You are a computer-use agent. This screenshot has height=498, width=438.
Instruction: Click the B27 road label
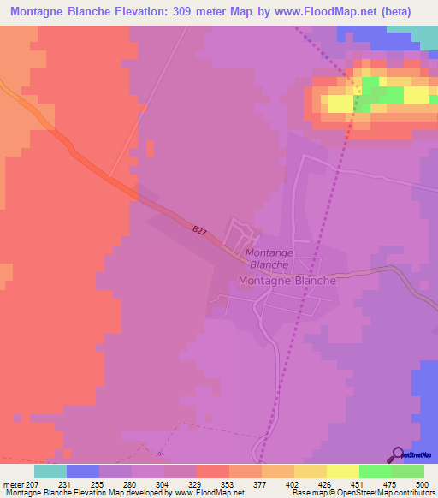(x=199, y=231)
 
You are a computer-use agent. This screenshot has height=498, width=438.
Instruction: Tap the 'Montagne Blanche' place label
(x=287, y=280)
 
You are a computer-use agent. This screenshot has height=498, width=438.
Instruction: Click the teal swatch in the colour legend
(x=50, y=471)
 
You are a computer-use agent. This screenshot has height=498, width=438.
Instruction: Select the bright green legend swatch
(x=375, y=471)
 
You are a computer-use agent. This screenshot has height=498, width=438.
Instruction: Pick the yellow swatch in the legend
(x=342, y=471)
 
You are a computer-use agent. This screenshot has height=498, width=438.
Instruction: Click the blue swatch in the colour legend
(x=82, y=471)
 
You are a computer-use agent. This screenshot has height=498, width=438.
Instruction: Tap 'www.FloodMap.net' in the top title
(x=326, y=12)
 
